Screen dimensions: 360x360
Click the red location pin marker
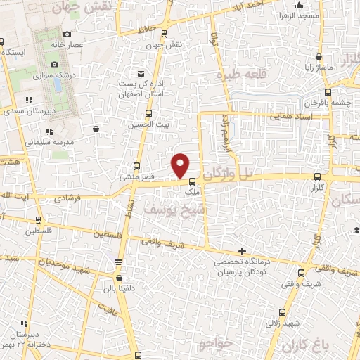[x=181, y=164]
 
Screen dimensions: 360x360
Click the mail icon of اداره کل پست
[x=141, y=74]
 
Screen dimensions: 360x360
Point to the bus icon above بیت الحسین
[x=148, y=112]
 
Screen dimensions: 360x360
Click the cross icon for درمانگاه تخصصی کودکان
[x=242, y=251]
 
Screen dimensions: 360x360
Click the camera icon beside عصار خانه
[x=67, y=34]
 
